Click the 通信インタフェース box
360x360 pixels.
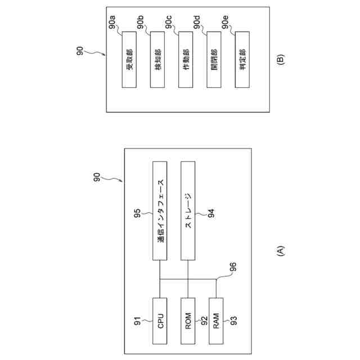(x=160, y=211)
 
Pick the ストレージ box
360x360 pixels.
(x=188, y=211)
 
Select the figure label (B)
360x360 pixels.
(x=282, y=59)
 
